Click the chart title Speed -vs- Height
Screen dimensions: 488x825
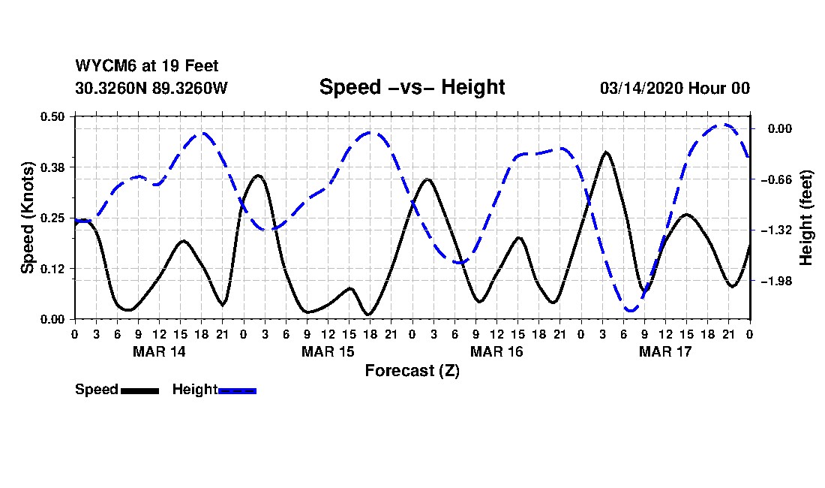tap(412, 87)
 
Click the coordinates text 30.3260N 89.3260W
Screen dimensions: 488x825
tap(151, 88)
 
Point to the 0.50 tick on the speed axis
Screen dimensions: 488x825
tap(54, 116)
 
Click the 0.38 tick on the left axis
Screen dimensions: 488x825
tap(54, 167)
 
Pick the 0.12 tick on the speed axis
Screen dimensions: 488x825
tap(54, 269)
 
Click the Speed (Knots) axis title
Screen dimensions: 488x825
tap(28, 217)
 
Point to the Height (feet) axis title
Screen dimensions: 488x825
tap(807, 218)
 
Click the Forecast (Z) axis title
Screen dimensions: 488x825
tap(412, 371)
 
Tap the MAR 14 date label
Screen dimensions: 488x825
tap(159, 351)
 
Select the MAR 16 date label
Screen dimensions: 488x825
tap(496, 351)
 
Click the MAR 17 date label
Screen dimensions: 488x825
tap(665, 351)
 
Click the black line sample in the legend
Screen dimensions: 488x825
tap(139, 390)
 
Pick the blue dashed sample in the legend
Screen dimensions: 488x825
tap(237, 390)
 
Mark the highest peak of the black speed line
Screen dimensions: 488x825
tap(605, 152)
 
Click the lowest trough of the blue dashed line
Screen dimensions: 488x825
tap(630, 309)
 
